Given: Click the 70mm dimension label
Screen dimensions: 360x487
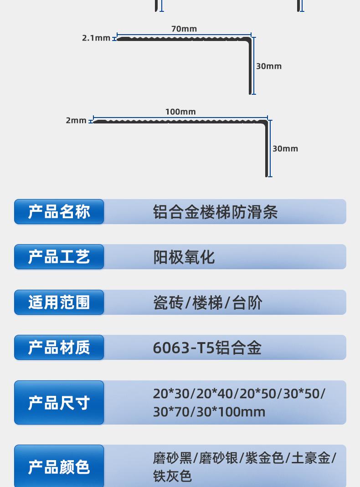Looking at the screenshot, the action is tap(184, 29).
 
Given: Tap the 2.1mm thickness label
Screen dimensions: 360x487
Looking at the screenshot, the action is tap(96, 38).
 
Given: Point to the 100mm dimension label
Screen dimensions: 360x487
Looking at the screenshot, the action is tap(180, 112).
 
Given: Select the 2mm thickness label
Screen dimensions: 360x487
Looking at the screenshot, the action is tap(76, 121).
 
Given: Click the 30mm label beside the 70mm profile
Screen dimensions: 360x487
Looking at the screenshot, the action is tap(269, 67).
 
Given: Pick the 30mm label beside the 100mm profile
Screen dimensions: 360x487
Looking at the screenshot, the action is tap(285, 149).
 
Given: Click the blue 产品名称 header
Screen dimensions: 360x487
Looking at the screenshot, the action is tap(59, 212).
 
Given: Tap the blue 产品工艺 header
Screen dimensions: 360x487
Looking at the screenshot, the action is tap(59, 257).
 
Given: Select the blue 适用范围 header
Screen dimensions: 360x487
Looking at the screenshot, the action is tap(59, 302).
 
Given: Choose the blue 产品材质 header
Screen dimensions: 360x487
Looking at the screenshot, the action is tap(59, 348).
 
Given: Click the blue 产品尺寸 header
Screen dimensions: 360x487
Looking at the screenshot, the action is tap(59, 403).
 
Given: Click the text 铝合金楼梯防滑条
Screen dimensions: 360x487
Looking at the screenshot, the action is tap(215, 212).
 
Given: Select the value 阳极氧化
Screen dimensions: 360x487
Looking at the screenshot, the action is tap(184, 257).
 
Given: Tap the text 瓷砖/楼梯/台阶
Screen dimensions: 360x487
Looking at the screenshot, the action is tap(208, 303).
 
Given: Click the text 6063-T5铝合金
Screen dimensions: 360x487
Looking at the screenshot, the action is tap(207, 348).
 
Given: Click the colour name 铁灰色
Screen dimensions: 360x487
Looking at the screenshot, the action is tap(172, 476).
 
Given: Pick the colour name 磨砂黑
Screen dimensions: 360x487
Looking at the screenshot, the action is tap(173, 458).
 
